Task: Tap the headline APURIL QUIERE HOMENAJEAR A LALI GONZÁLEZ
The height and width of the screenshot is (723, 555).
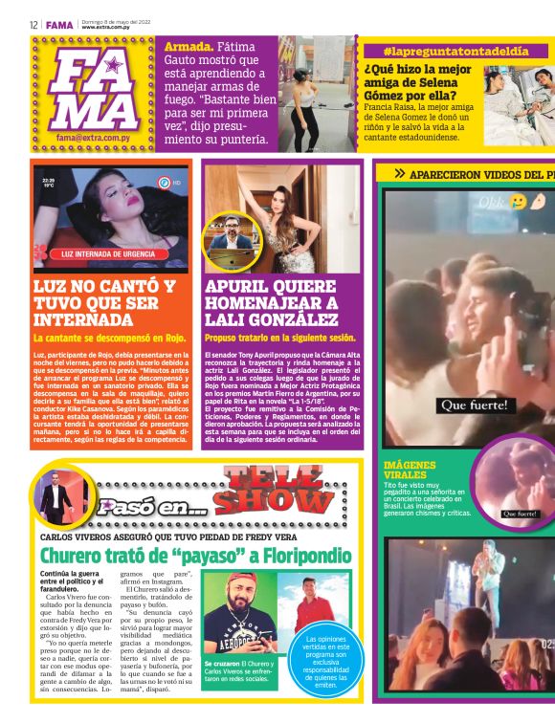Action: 273,304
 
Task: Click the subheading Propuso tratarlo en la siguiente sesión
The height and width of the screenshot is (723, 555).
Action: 279,338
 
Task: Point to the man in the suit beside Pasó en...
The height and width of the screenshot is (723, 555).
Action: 55,496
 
